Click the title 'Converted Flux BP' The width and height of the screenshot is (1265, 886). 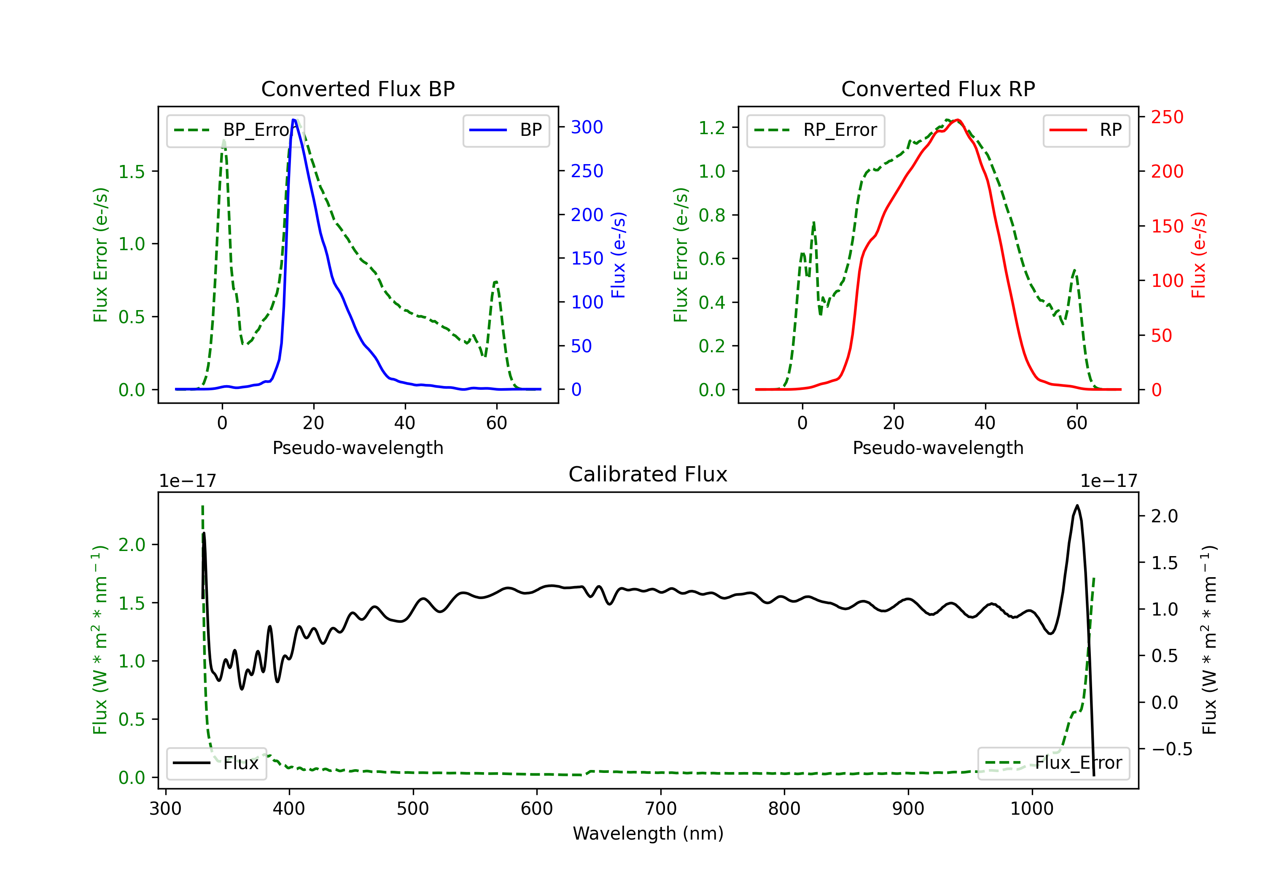coord(358,89)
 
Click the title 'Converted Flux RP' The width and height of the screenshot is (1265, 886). coord(938,89)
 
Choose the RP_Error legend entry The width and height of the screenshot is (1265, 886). coord(816,130)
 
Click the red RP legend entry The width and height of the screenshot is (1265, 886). coord(1086,130)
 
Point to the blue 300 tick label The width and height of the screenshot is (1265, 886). coord(587,127)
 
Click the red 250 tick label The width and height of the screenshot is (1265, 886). coord(1167,117)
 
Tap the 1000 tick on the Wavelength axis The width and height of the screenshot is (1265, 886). coord(1031,809)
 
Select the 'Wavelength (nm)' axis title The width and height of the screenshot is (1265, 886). coord(648,833)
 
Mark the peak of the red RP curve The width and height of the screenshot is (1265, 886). coord(958,120)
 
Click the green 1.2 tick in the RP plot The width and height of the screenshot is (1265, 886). coord(711,128)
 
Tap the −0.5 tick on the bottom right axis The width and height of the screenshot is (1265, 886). coord(1171,749)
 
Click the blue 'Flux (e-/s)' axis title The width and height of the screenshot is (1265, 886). coord(618,255)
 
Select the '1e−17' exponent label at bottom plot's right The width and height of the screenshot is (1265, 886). coord(1109,481)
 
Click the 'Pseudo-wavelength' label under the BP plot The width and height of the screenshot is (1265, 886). coord(358,448)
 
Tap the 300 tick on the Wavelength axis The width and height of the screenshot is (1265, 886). coord(165,809)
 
